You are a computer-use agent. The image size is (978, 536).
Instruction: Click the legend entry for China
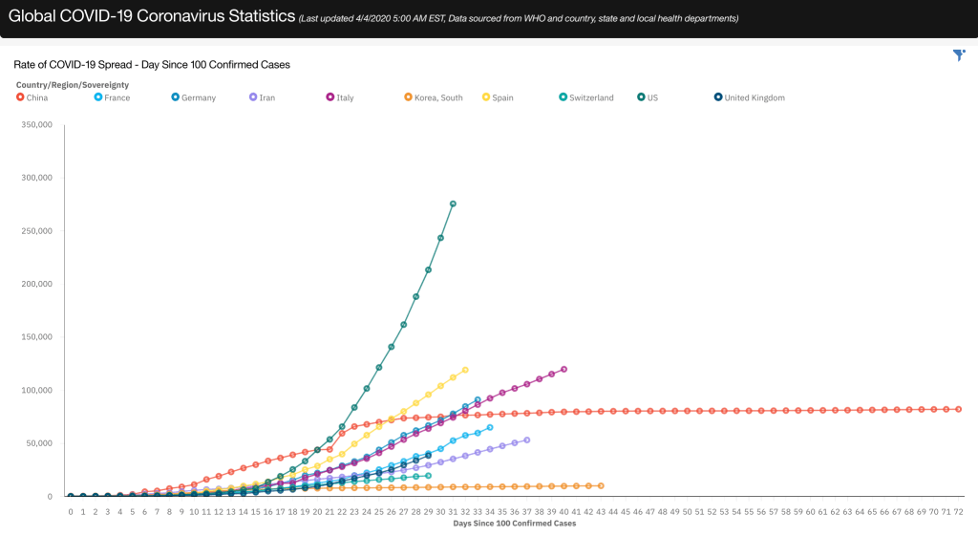33,97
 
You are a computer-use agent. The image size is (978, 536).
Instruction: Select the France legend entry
112,97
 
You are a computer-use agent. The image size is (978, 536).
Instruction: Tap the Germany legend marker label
194,97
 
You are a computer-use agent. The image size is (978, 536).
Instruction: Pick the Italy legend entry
340,97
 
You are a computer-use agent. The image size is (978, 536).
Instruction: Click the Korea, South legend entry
434,97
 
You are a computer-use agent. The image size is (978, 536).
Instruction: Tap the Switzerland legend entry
586,97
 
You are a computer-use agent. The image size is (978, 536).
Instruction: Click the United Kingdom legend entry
749,97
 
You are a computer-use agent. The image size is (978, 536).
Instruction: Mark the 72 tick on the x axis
958,512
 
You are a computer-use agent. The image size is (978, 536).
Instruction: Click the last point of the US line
453,204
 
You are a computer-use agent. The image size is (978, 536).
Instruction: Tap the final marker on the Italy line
563,369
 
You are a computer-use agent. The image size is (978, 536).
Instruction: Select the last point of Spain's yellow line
465,370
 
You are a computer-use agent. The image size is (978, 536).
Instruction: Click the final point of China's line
958,409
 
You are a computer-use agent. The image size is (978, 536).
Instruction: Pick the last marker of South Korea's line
601,485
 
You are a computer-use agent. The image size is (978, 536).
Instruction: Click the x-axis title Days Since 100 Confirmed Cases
514,524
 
